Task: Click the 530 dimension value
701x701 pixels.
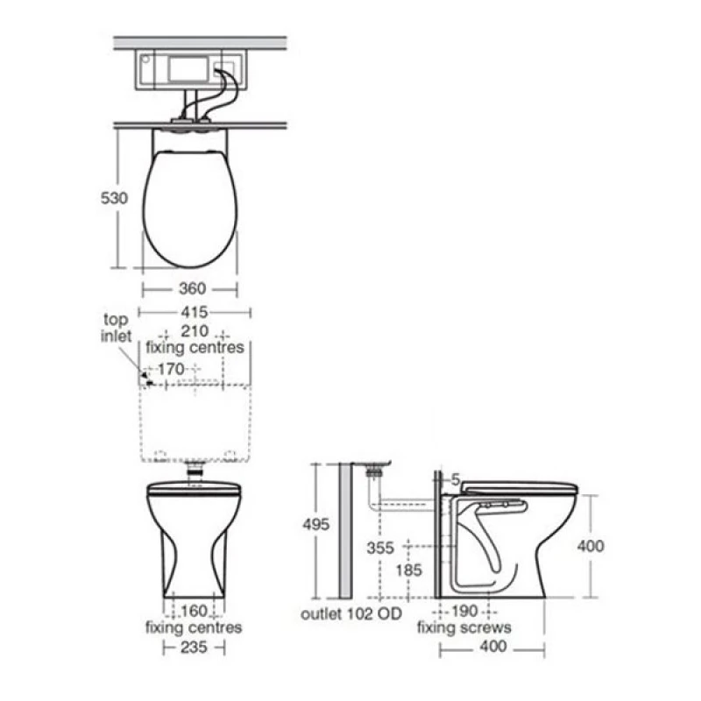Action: tap(114, 198)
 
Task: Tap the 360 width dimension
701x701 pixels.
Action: tap(193, 288)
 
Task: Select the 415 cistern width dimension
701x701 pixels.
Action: tap(195, 312)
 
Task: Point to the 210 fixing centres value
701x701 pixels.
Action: tap(195, 331)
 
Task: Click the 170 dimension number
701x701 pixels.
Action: tap(171, 369)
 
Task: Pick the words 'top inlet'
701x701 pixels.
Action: tap(116, 328)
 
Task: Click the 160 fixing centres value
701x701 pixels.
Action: tap(194, 611)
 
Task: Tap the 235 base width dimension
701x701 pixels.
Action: tap(194, 647)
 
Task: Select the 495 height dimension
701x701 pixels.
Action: tap(316, 524)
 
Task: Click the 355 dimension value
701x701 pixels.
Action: tap(380, 548)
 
